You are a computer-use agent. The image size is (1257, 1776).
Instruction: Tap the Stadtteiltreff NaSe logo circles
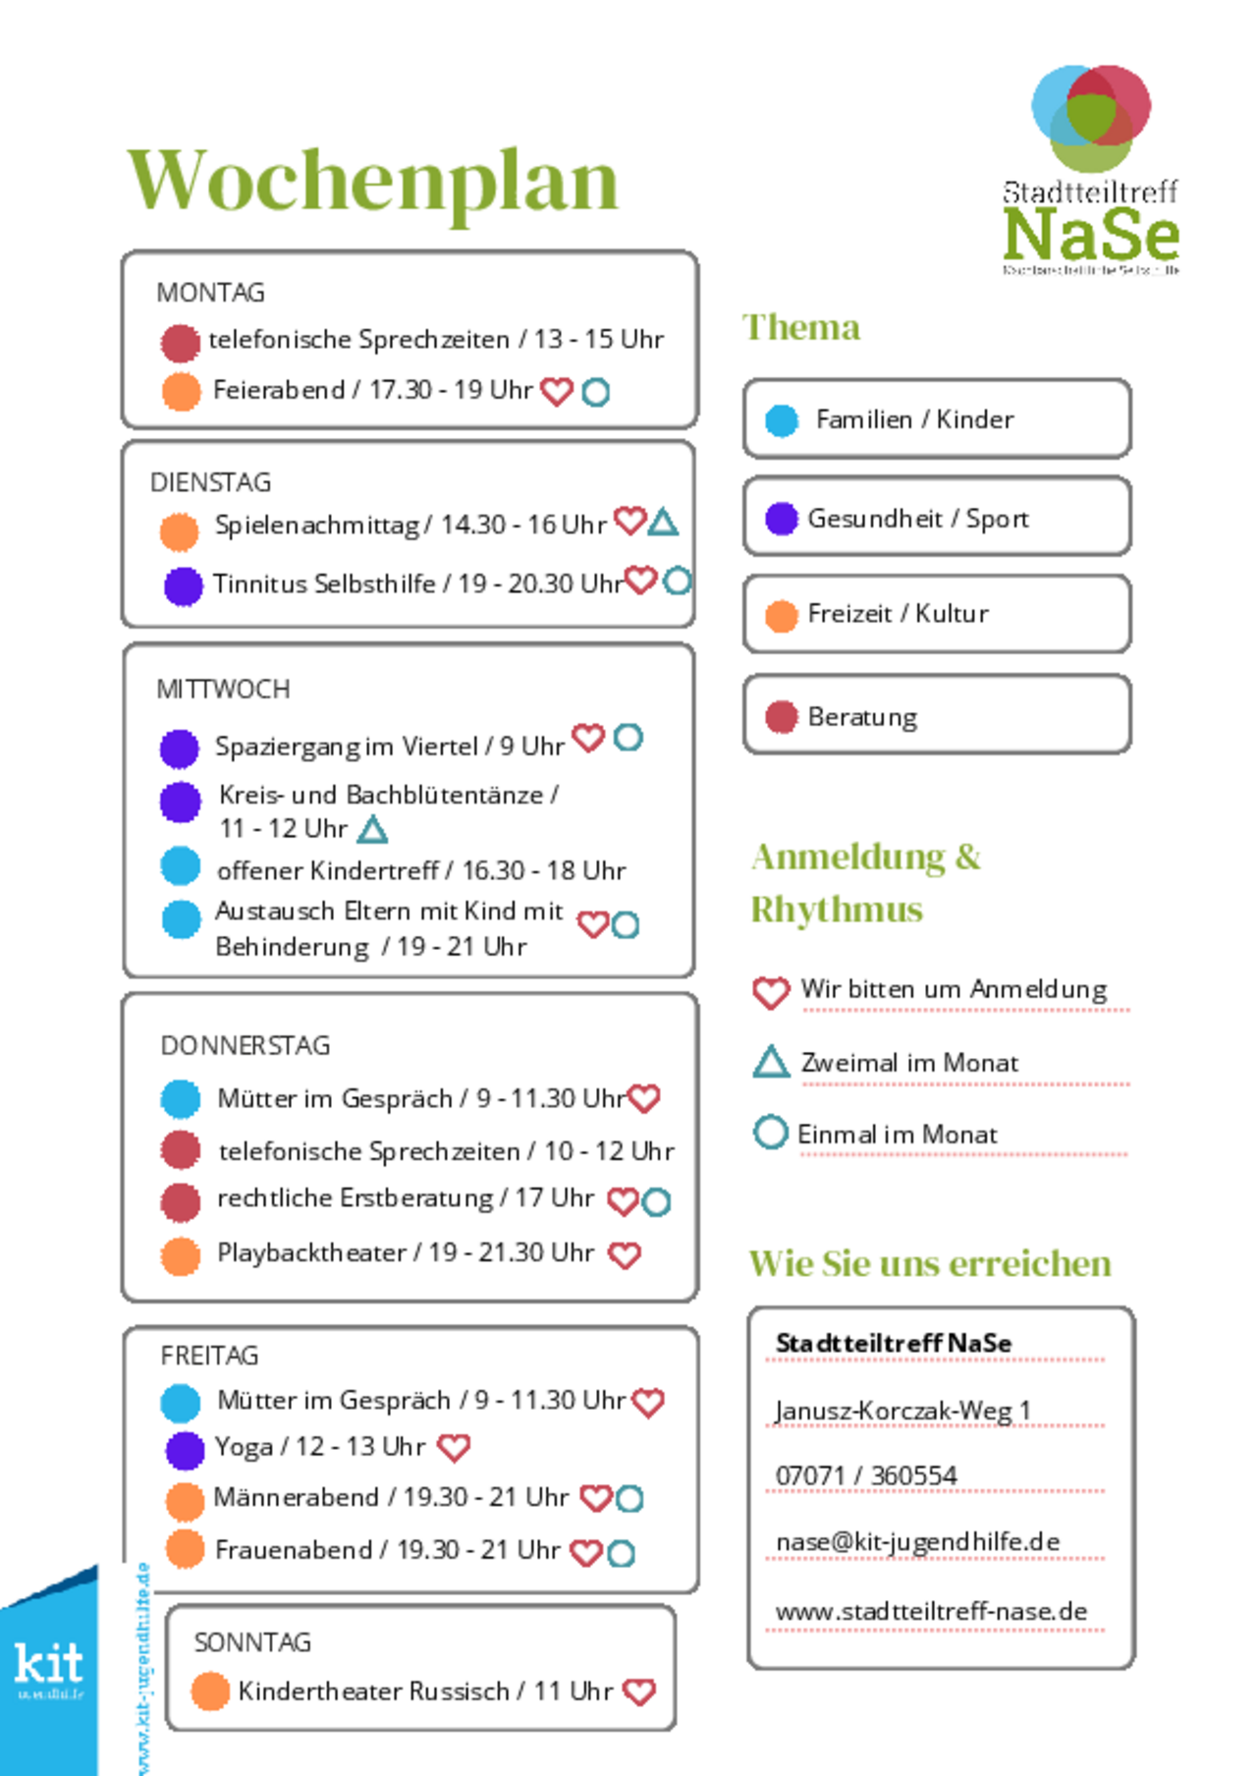pyautogui.click(x=1090, y=116)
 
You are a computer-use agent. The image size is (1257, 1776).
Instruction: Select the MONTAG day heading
pyautogui.click(x=210, y=293)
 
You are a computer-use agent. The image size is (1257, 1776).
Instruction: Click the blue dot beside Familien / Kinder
pyautogui.click(x=782, y=420)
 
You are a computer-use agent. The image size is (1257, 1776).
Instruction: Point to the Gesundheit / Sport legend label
pyautogui.click(x=917, y=519)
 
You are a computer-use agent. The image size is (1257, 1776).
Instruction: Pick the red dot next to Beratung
pyautogui.click(x=782, y=717)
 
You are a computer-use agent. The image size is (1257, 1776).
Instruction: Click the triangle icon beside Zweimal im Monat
pyautogui.click(x=771, y=1062)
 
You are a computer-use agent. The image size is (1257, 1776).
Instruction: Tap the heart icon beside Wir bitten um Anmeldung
pyautogui.click(x=771, y=992)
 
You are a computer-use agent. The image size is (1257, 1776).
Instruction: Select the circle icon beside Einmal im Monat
pyautogui.click(x=771, y=1133)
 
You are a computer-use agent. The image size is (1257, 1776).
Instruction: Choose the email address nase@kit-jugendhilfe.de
pyautogui.click(x=917, y=1542)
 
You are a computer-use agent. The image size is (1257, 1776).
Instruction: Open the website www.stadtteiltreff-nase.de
pyautogui.click(x=931, y=1612)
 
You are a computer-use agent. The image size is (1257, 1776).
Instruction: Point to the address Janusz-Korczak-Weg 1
pyautogui.click(x=902, y=1412)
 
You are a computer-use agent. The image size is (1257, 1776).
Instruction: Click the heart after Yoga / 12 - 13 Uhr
pyautogui.click(x=454, y=1447)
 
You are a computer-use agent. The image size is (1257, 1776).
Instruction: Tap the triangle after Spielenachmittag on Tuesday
pyautogui.click(x=664, y=522)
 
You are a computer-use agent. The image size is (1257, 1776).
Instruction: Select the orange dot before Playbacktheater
pyautogui.click(x=181, y=1255)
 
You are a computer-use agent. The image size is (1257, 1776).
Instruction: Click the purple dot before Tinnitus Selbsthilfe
pyautogui.click(x=183, y=586)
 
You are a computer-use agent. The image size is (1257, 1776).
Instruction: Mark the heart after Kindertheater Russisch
pyautogui.click(x=639, y=1692)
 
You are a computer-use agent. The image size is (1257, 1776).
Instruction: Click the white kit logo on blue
pyautogui.click(x=48, y=1665)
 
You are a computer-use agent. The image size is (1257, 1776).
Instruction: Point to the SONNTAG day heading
pyautogui.click(x=252, y=1642)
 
